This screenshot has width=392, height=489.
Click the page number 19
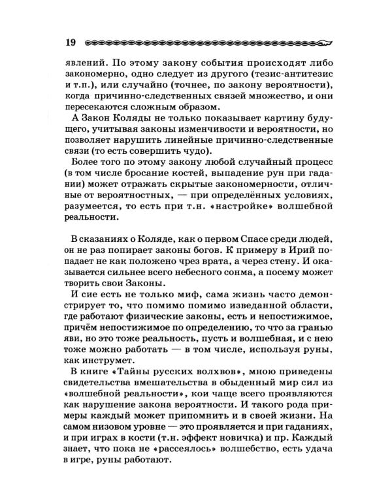pos(71,43)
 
